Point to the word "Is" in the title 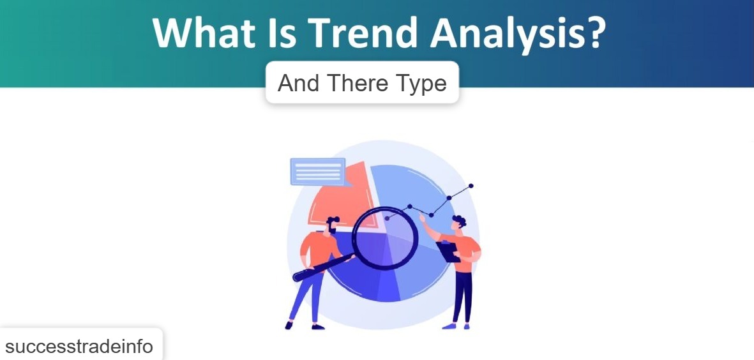275,33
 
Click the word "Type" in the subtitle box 420,84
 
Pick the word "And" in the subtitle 299,83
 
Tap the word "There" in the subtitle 358,83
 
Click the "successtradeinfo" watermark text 79,347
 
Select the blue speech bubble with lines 317,171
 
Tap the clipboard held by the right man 448,251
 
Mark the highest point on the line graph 471,186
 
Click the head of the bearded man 333,225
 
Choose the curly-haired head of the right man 459,224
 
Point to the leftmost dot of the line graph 387,218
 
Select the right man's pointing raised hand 423,218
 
